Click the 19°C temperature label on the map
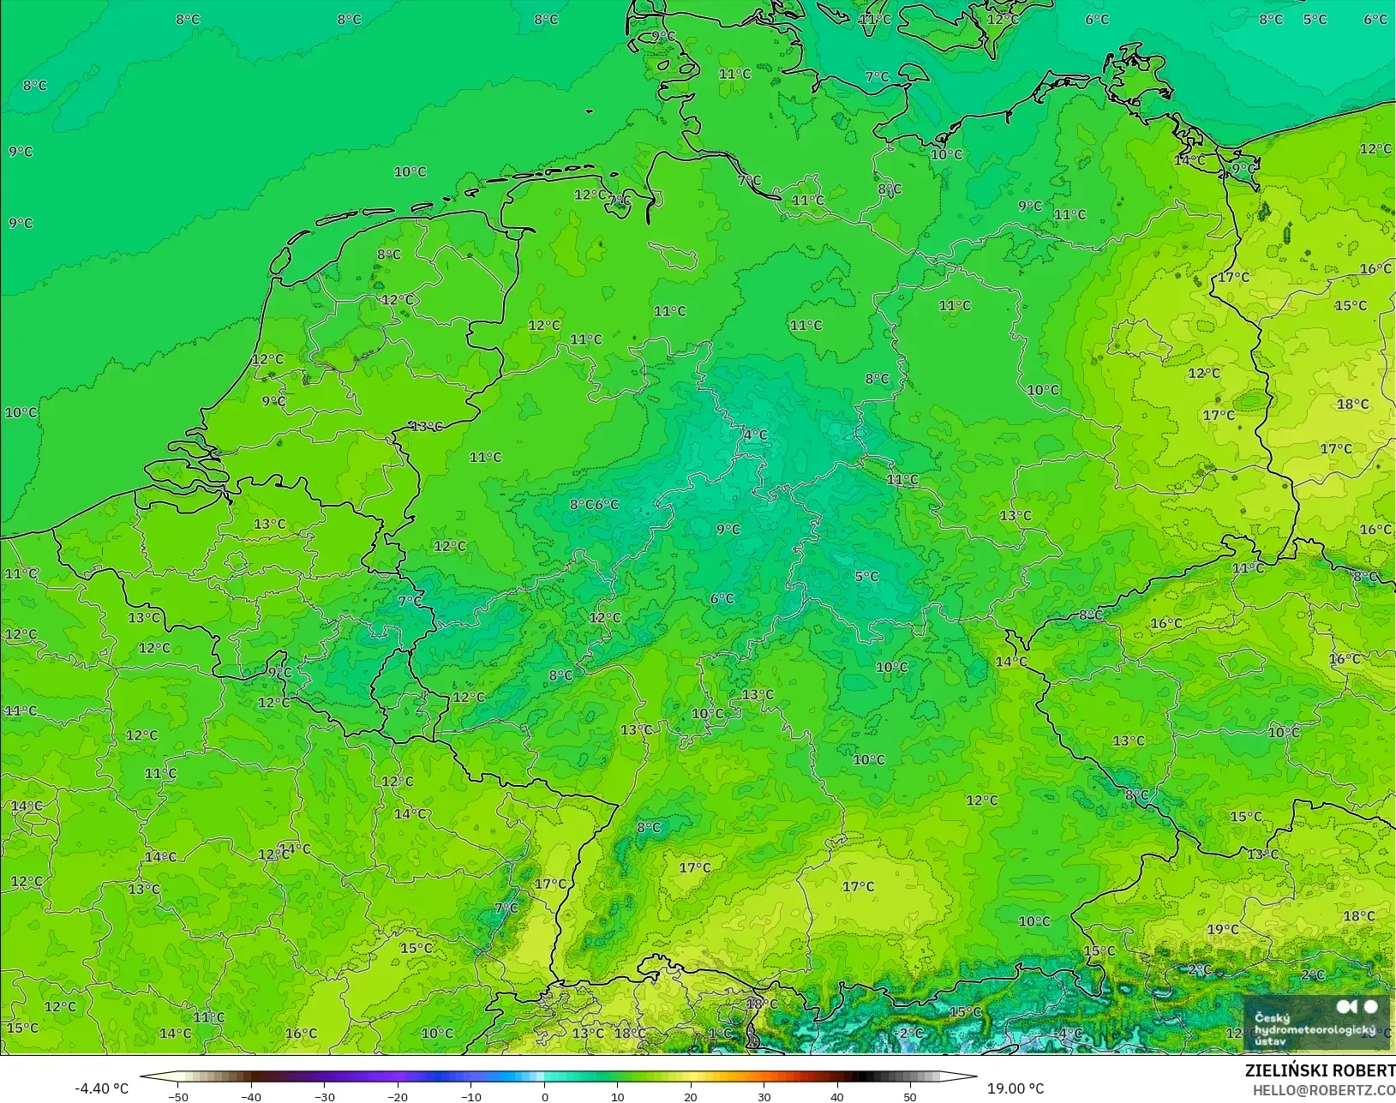pos(1222,930)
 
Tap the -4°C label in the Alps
pos(1069,1034)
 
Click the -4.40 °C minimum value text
pos(101,1088)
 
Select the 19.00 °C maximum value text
pos(1016,1088)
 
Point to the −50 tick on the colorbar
pos(177,1096)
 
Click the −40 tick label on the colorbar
pos(250,1096)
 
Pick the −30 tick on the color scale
pos(324,1096)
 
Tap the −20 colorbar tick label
pos(397,1096)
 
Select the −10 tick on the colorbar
pos(470,1096)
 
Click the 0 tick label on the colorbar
pos(545,1096)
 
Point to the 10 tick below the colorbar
pos(618,1096)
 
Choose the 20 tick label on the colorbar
pos(691,1096)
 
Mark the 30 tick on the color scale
pos(764,1096)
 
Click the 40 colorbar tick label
pos(837,1096)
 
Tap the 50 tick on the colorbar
pos(910,1096)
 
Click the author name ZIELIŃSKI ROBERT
pos(1320,1071)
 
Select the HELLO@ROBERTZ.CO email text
pos(1324,1090)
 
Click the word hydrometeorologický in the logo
pos(1315,1029)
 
